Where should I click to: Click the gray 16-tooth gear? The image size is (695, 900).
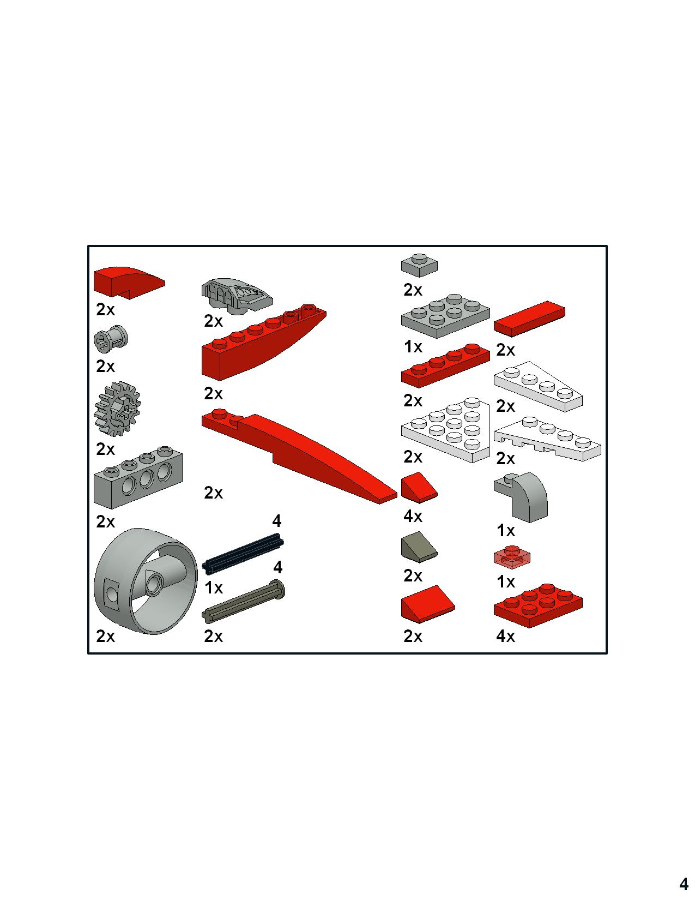pyautogui.click(x=118, y=409)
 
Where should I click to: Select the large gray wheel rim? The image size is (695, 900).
pyautogui.click(x=146, y=581)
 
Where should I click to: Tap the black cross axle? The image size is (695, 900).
pyautogui.click(x=243, y=553)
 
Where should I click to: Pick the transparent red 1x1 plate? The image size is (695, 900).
pyautogui.click(x=512, y=557)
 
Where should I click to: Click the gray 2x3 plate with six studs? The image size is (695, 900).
pyautogui.click(x=445, y=316)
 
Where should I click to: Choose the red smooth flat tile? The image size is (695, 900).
pyautogui.click(x=529, y=319)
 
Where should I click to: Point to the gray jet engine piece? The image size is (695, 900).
pyautogui.click(x=237, y=296)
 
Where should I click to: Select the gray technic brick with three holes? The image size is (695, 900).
pyautogui.click(x=138, y=477)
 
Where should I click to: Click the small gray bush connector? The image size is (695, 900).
pyautogui.click(x=111, y=339)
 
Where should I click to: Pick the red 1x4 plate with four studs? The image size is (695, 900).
pyautogui.click(x=445, y=365)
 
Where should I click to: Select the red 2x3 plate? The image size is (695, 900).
pyautogui.click(x=538, y=605)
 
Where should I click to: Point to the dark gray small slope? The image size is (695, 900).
pyautogui.click(x=419, y=547)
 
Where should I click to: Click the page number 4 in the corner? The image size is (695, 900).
pyautogui.click(x=684, y=884)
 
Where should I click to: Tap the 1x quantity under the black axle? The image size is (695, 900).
pyautogui.click(x=214, y=587)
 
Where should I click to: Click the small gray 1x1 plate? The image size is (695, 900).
pyautogui.click(x=419, y=266)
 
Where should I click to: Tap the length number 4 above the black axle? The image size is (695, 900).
pyautogui.click(x=277, y=520)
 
